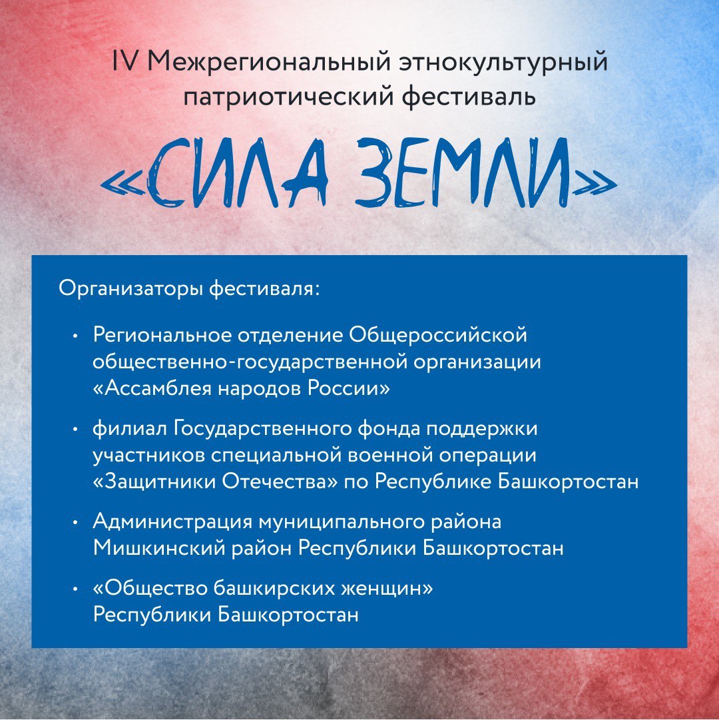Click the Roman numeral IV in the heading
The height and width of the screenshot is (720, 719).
click(x=124, y=61)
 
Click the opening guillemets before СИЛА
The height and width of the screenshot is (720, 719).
click(x=123, y=184)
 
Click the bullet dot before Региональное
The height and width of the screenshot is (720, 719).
click(x=75, y=336)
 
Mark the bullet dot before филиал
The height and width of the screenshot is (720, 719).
click(x=75, y=430)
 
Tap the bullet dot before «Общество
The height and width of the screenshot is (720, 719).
click(x=75, y=589)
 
